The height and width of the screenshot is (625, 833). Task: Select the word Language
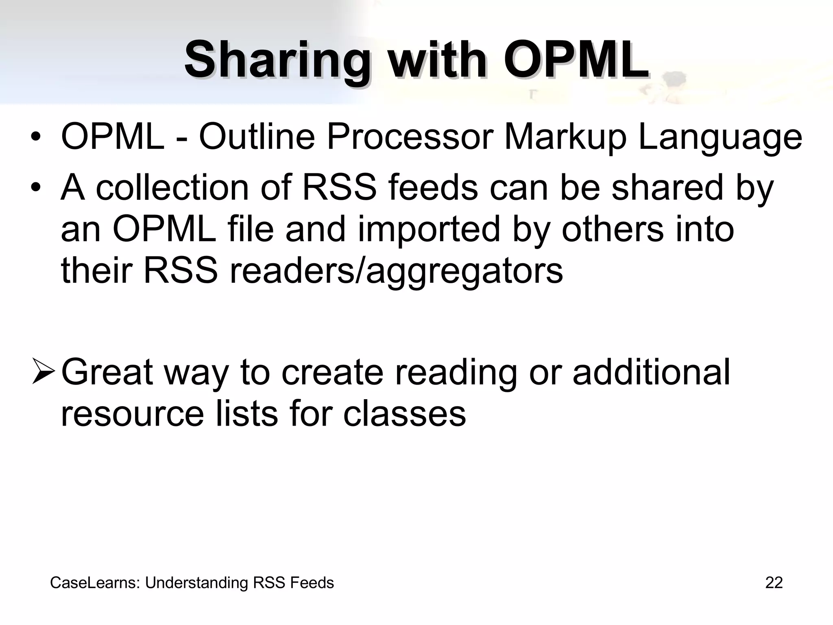point(720,138)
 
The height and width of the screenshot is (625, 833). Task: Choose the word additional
point(651,371)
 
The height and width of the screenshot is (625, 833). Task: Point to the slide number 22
point(774,583)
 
